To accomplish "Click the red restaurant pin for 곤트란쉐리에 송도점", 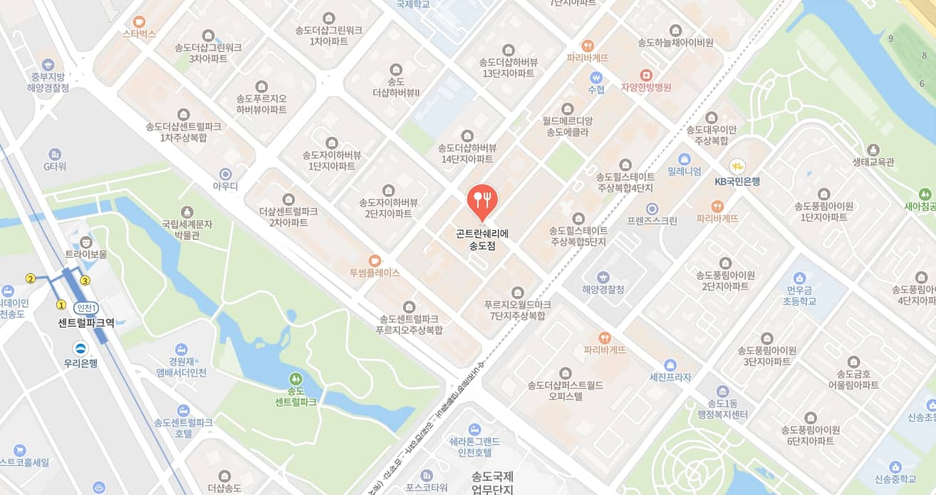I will click(482, 200).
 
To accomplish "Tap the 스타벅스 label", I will click(139, 34).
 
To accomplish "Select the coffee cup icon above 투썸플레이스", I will click(375, 260).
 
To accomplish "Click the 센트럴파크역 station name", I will click(86, 322).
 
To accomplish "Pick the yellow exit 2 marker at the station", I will click(31, 278).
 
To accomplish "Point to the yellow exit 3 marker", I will click(85, 280).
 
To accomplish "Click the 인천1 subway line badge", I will click(86, 307).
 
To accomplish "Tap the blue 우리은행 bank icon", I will click(80, 348).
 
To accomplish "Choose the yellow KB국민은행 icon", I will click(737, 165).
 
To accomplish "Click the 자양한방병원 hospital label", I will click(646, 88).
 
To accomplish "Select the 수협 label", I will click(596, 90).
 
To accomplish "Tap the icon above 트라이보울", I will click(86, 241).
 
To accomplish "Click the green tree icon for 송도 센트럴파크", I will click(296, 378).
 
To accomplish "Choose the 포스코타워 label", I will click(427, 488).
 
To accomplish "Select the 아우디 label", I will click(226, 186).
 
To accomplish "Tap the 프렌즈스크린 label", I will click(652, 221).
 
